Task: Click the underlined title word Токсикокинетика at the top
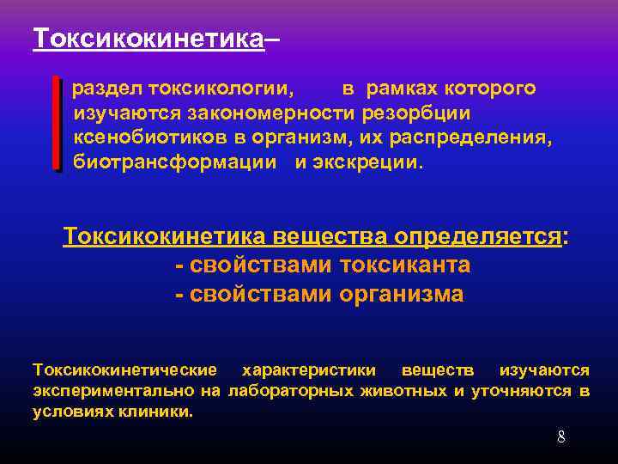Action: tap(148, 39)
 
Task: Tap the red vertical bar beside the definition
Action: tap(57, 122)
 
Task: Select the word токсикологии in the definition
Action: tap(221, 89)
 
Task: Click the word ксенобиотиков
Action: tap(147, 137)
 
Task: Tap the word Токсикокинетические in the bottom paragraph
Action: tap(124, 370)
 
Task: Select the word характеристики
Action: tap(309, 370)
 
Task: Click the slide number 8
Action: tap(561, 437)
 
